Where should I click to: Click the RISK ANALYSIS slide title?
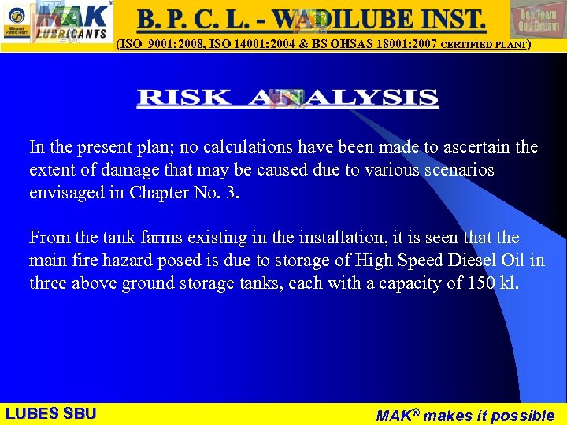pyautogui.click(x=287, y=98)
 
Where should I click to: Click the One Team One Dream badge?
pyautogui.click(x=539, y=19)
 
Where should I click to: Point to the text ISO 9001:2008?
pyautogui.click(x=158, y=45)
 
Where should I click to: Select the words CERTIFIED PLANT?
pyautogui.click(x=484, y=45)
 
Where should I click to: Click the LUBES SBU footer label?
pyautogui.click(x=50, y=413)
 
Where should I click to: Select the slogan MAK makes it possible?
pyautogui.click(x=465, y=415)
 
